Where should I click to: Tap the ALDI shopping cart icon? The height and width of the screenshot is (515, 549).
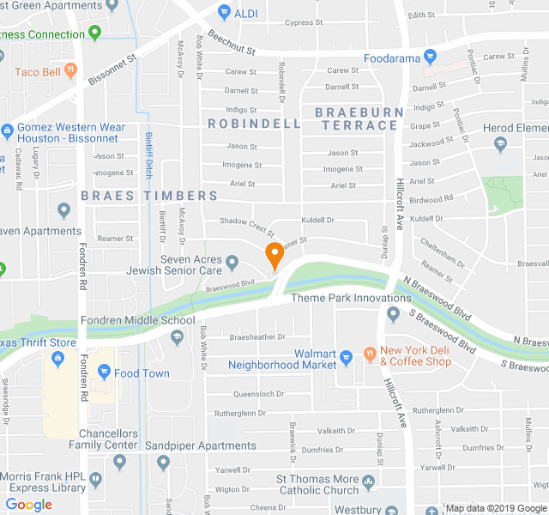point(224,12)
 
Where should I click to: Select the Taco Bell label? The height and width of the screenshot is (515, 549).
point(38,72)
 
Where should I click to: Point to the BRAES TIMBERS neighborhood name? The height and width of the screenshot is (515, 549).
point(150,196)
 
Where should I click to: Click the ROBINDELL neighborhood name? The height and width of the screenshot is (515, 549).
point(255,124)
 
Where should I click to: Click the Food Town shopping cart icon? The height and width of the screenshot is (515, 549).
point(105,373)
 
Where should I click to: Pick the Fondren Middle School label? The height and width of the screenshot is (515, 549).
point(138,321)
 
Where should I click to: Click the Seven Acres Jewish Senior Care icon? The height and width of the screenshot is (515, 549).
point(232,261)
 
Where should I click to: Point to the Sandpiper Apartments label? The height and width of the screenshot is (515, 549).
point(201,445)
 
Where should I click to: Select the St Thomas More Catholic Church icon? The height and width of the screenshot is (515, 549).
point(369,481)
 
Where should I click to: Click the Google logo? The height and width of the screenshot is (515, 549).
point(29,505)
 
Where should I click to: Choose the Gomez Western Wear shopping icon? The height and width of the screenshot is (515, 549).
point(7,132)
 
